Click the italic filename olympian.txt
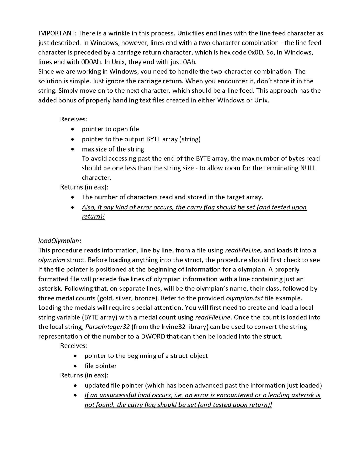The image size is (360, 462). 245,298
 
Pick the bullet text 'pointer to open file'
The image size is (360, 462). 110,129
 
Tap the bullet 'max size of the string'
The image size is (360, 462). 113,149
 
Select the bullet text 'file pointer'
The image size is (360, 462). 101,366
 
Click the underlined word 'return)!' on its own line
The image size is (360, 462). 93,217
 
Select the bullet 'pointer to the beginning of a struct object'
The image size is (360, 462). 146,356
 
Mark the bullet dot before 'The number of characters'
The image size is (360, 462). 73,197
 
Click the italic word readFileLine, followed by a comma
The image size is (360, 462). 243,250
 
